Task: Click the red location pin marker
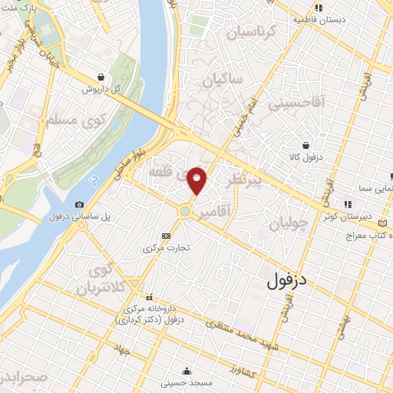coord(197,181)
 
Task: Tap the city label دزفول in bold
coord(288,281)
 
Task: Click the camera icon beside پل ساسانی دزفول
coord(80,205)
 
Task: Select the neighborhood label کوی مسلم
coord(42,121)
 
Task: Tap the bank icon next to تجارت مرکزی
coord(167,235)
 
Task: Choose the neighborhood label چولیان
coord(290,223)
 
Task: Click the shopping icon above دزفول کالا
coord(306,145)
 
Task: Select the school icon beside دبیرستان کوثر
coord(348,204)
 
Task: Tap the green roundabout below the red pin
coord(186,211)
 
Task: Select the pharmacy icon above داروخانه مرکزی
coord(150,296)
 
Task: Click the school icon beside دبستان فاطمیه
coord(318,8)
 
